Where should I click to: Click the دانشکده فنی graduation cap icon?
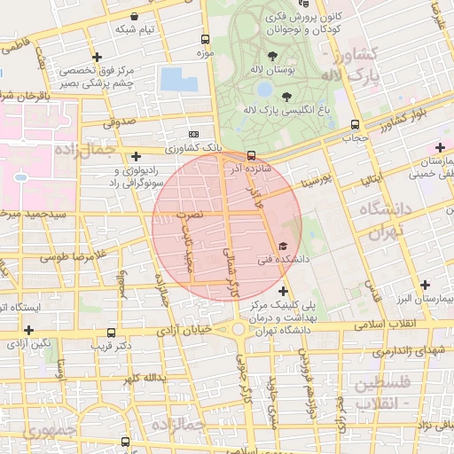(x=283, y=246)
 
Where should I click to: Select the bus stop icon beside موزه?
(x=206, y=40)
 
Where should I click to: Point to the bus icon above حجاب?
(x=355, y=125)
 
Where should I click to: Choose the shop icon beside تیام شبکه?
(x=133, y=16)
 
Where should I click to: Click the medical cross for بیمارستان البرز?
(x=426, y=285)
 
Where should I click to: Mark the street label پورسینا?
(x=316, y=183)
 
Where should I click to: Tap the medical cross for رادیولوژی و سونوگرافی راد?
(x=136, y=157)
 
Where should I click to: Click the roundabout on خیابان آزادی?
(x=239, y=330)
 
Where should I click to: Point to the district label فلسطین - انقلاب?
(x=382, y=395)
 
